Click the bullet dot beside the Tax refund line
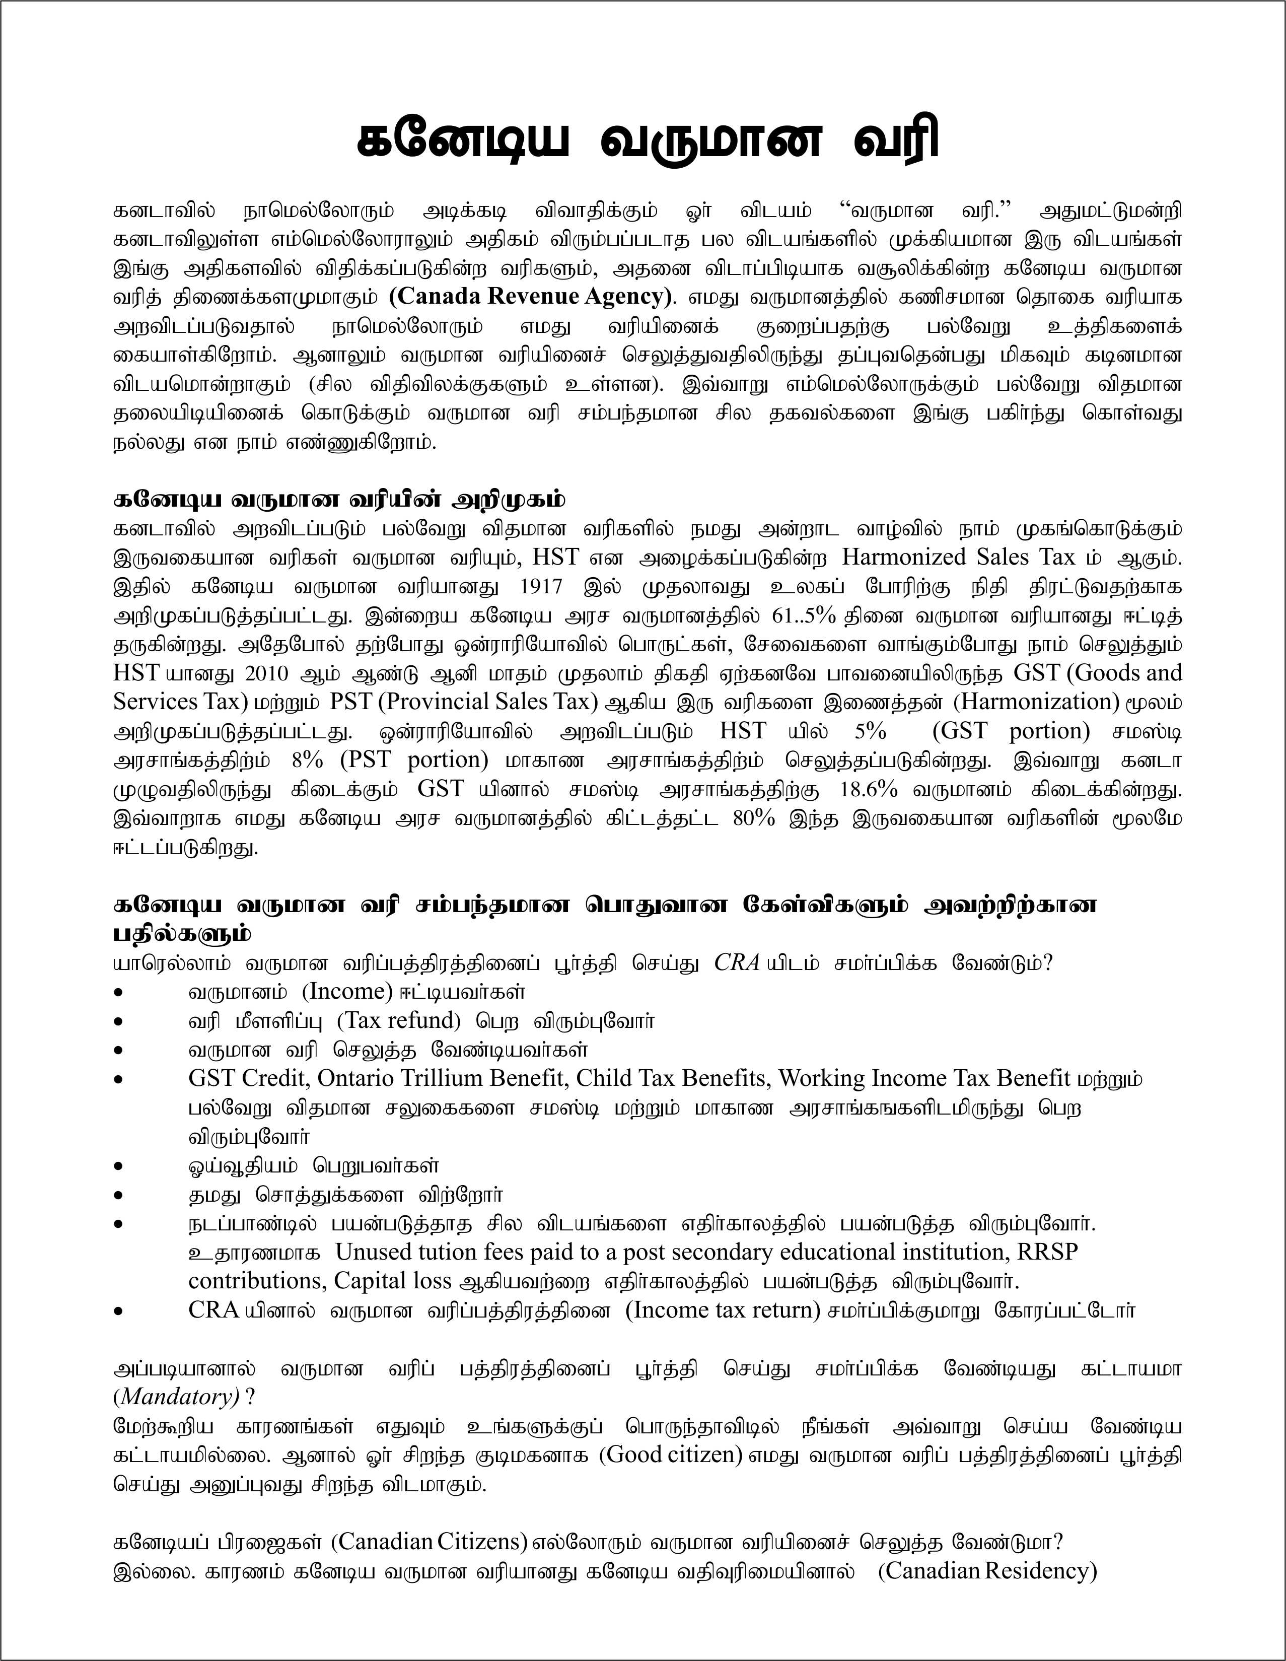[118, 1021]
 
